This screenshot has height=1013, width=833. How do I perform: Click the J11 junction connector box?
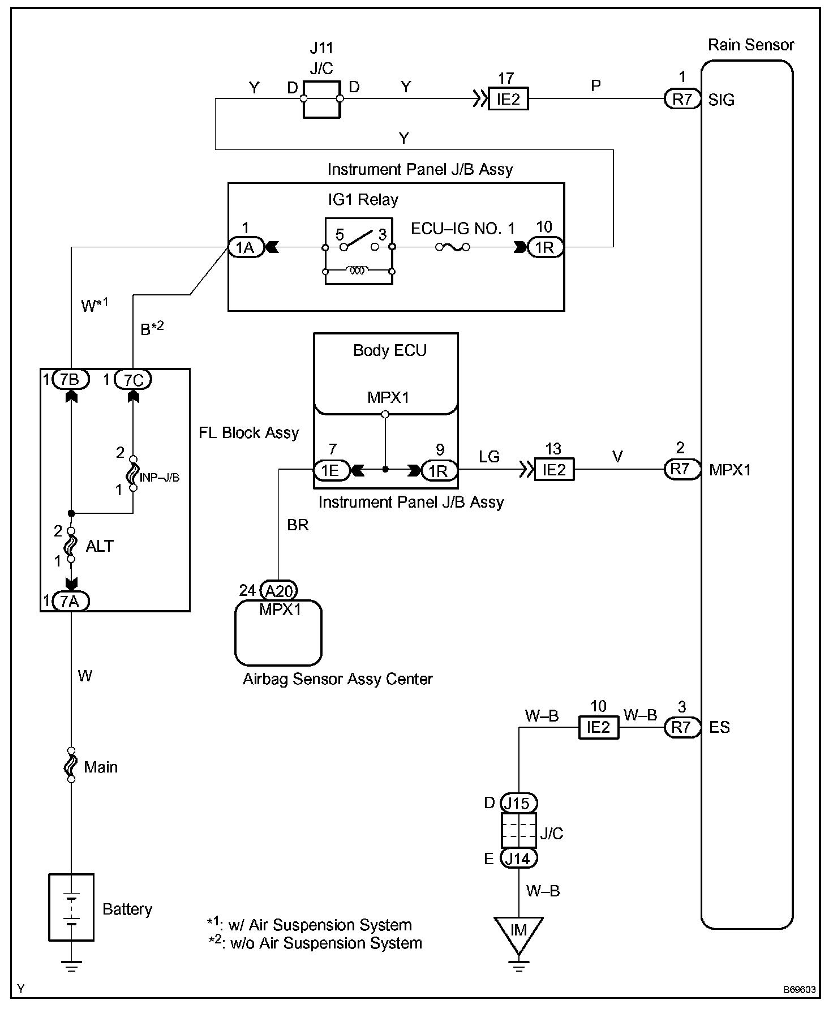pyautogui.click(x=321, y=99)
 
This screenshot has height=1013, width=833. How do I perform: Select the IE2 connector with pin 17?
pyautogui.click(x=508, y=100)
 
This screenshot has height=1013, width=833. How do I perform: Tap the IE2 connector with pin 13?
pyautogui.click(x=554, y=470)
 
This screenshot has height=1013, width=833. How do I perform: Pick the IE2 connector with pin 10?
pyautogui.click(x=598, y=727)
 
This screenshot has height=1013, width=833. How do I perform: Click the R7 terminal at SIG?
pyautogui.click(x=682, y=100)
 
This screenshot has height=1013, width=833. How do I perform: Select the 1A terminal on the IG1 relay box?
pyautogui.click(x=246, y=247)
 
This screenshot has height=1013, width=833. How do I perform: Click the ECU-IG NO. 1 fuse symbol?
pyautogui.click(x=451, y=247)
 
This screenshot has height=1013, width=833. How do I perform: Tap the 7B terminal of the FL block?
pyautogui.click(x=70, y=380)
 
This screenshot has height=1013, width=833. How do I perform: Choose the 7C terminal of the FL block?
pyautogui.click(x=133, y=380)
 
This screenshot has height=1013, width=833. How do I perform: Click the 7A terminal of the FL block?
pyautogui.click(x=70, y=601)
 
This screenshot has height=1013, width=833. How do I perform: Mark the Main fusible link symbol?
pyautogui.click(x=71, y=765)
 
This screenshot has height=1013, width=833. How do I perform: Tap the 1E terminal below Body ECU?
pyautogui.click(x=330, y=470)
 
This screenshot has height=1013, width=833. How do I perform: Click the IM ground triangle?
pyautogui.click(x=518, y=932)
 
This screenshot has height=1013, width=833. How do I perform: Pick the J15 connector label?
pyautogui.click(x=518, y=803)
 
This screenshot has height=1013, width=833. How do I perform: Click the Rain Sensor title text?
pyautogui.click(x=751, y=45)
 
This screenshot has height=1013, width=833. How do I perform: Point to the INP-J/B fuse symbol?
pyautogui.click(x=133, y=473)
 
